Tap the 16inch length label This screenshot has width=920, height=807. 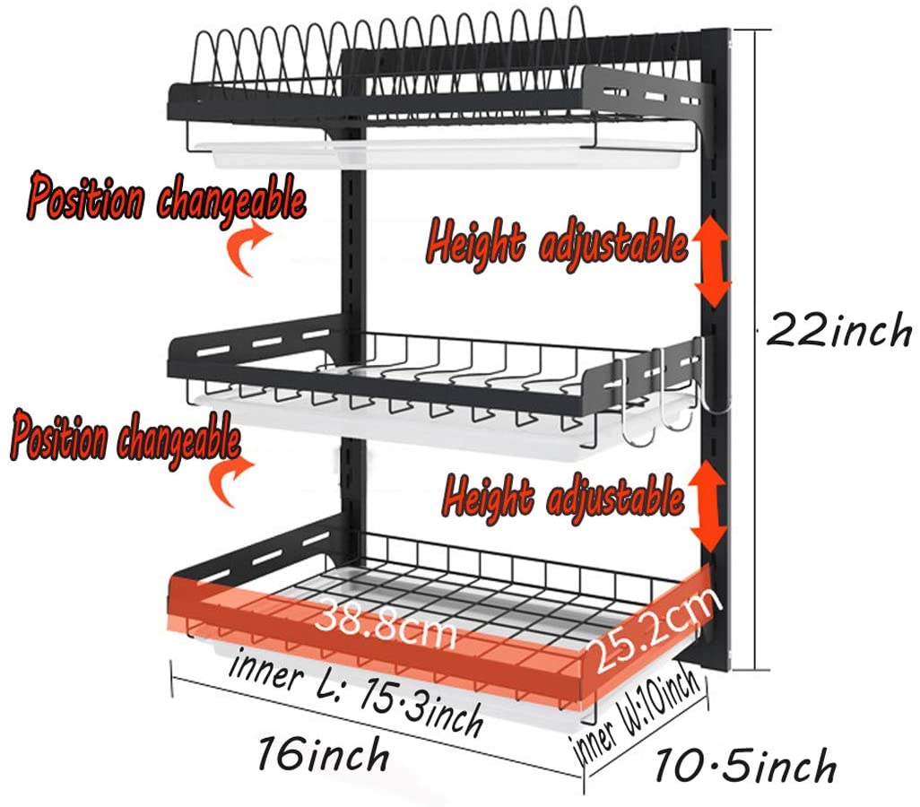(324, 754)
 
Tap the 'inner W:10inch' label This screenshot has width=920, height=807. (638, 712)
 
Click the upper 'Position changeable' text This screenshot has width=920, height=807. (167, 196)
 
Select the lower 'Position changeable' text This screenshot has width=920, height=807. (126, 438)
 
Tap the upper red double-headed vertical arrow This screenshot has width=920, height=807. (713, 262)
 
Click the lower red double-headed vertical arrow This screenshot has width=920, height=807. (708, 507)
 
